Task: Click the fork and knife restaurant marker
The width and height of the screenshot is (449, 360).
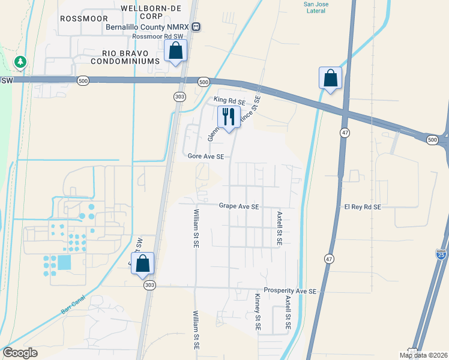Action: [x=229, y=116]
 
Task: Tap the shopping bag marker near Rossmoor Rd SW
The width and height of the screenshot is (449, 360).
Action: [x=175, y=51]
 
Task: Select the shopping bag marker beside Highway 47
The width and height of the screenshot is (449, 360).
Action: [x=330, y=77]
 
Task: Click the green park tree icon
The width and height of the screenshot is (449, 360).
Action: [x=20, y=62]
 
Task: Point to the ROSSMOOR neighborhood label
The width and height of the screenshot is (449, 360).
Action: [x=83, y=19]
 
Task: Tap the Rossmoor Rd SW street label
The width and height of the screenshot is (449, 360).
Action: [x=157, y=37]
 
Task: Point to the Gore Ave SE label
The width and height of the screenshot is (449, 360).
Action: [x=206, y=156]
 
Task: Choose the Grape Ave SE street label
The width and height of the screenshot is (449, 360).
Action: [x=239, y=206]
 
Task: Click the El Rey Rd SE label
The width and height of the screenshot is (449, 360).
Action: [x=363, y=207]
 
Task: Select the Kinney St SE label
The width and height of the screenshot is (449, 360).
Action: [x=257, y=313]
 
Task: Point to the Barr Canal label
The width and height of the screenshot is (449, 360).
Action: [x=74, y=304]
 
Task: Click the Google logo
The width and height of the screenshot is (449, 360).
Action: [x=20, y=353]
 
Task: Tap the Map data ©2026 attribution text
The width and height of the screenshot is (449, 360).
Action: [x=423, y=355]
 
